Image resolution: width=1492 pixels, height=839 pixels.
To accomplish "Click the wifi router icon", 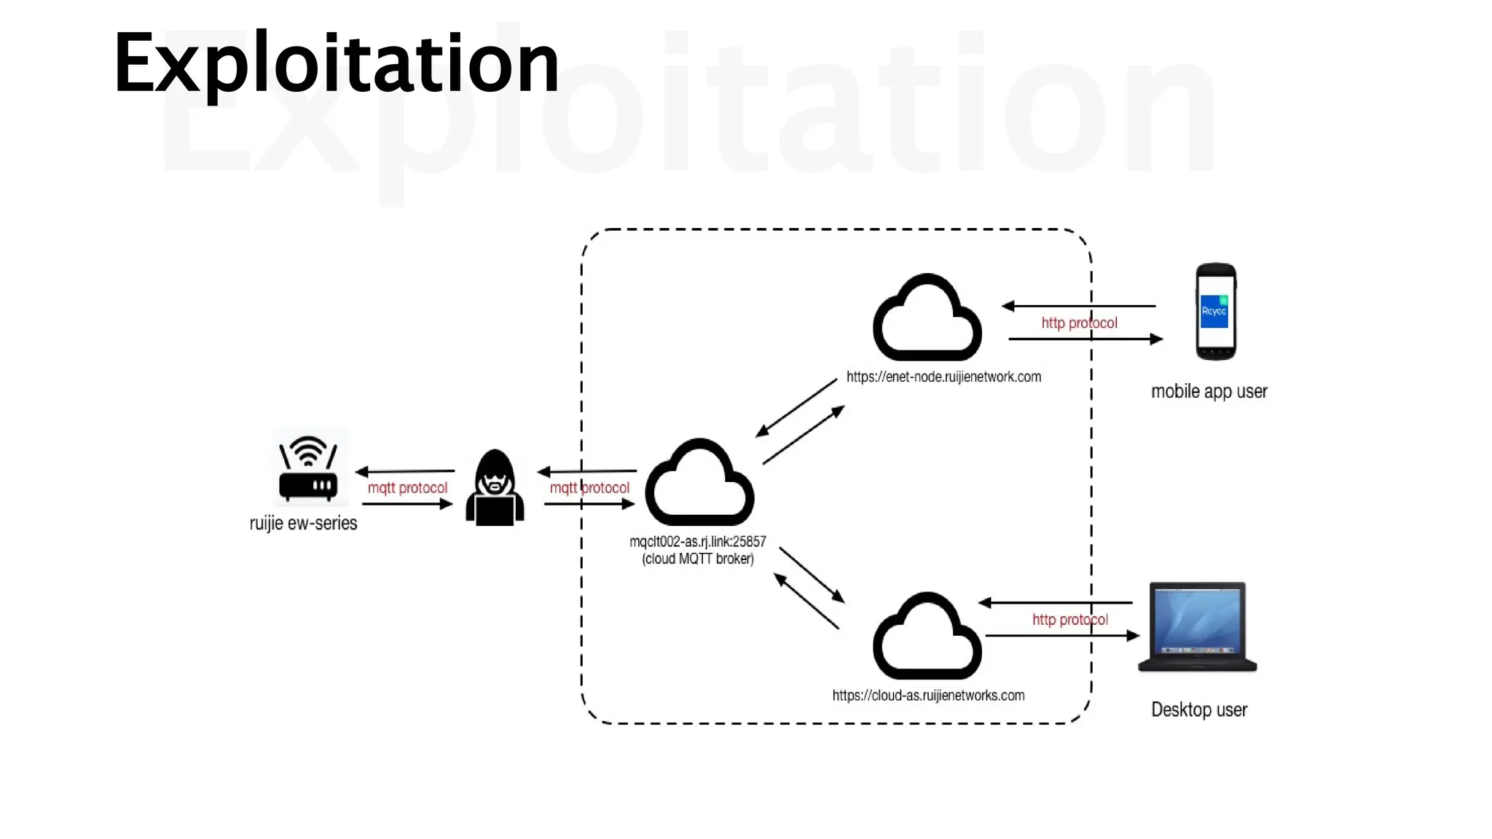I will click(309, 468).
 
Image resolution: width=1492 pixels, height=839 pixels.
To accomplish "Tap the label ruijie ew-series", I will click(303, 523).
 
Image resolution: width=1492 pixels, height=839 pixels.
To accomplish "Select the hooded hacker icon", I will click(495, 488).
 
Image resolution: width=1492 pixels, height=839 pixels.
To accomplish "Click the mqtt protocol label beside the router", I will click(407, 488).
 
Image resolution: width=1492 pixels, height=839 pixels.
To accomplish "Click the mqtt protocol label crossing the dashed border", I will click(589, 488).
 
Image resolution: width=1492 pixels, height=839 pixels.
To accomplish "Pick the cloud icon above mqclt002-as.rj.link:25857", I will click(699, 484).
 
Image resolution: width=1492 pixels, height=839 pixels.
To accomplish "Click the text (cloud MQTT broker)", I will click(698, 559).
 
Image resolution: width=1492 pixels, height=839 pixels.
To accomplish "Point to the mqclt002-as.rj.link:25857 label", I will click(698, 541).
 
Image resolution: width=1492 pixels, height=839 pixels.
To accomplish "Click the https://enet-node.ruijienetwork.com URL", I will click(943, 377).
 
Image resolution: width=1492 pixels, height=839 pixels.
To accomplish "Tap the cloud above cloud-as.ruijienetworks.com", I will click(927, 638).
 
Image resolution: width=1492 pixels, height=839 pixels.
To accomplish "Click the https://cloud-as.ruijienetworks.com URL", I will click(928, 696).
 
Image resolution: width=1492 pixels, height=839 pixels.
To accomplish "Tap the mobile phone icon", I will click(1215, 312).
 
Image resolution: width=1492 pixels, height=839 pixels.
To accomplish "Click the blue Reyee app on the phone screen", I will click(1214, 312).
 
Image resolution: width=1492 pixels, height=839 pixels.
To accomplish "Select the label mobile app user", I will click(1209, 392).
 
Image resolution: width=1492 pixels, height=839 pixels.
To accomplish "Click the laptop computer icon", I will click(1197, 626).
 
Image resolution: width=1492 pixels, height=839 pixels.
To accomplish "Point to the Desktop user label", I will click(1199, 709).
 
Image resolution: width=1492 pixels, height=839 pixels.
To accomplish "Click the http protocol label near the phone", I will click(1079, 323).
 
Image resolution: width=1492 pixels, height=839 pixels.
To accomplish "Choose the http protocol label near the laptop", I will click(1069, 620).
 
